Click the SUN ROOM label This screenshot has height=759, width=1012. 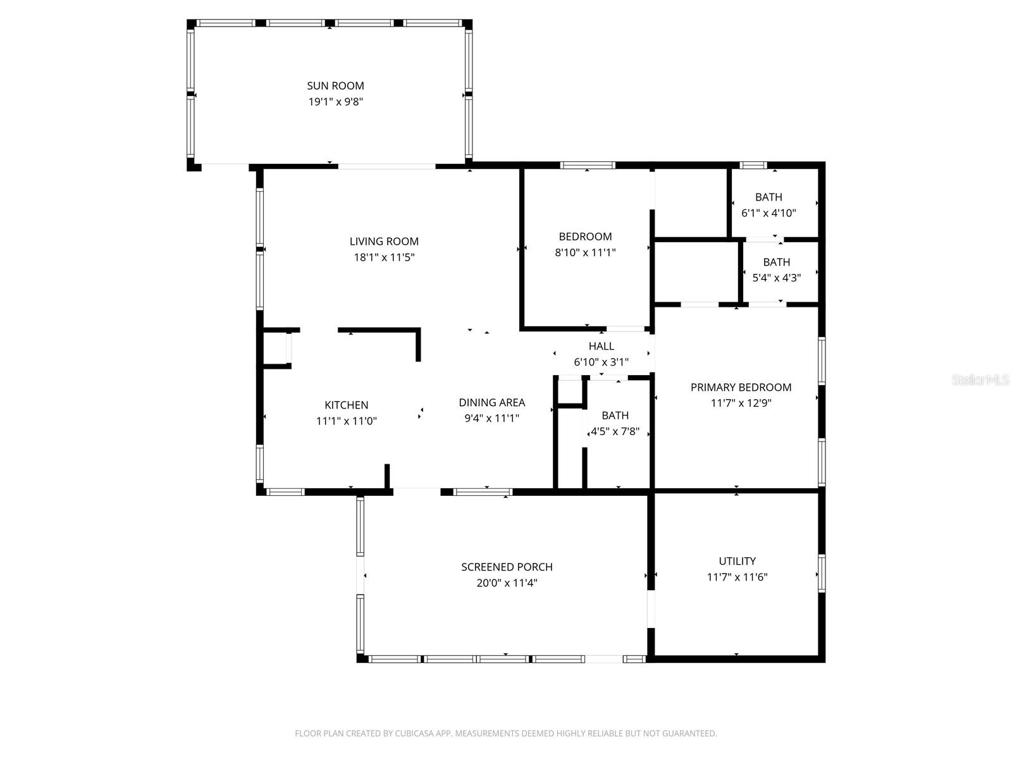click(335, 86)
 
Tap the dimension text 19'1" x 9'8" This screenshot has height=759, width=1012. click(336, 101)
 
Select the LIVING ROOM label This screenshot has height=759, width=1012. click(384, 241)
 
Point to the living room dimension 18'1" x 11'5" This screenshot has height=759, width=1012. click(384, 257)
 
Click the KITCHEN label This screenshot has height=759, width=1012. click(346, 405)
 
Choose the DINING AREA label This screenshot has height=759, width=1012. click(492, 402)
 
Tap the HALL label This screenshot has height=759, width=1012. click(602, 346)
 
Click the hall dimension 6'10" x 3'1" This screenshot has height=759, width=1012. click(602, 362)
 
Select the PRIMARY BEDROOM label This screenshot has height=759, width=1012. click(741, 387)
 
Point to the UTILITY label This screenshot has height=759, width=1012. click(737, 561)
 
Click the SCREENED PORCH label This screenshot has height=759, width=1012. click(507, 567)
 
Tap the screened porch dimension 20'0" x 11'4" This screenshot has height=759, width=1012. click(507, 583)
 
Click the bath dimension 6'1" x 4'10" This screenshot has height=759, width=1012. click(768, 213)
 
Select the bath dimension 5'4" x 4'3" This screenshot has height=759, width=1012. click(777, 278)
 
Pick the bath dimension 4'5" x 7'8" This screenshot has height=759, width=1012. click(615, 431)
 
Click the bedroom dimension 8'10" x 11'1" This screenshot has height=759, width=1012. click(585, 252)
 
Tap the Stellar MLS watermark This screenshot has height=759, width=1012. click(980, 380)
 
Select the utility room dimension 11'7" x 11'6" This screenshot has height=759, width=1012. click(737, 577)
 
